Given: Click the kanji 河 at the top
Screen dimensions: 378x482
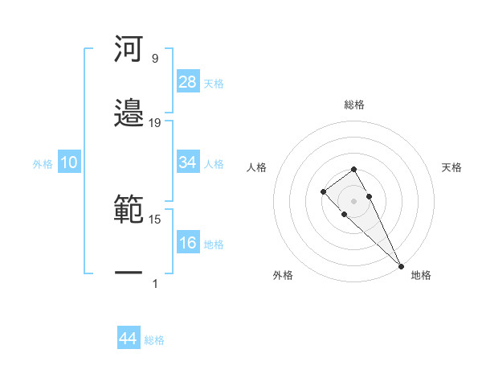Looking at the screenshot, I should pos(129,49).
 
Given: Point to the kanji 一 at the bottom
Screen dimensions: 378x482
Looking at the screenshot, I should pos(129,273).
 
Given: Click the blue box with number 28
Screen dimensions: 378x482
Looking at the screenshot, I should pos(188,82).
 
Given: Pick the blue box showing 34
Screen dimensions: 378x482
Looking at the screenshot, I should pos(188,162).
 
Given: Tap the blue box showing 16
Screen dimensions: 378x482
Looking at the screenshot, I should pos(188,243).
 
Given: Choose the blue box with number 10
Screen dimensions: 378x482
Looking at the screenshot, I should pos(69,162).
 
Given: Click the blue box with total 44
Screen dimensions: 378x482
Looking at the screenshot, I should pos(129,339).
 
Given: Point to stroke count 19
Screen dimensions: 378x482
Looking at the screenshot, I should pos(155,123).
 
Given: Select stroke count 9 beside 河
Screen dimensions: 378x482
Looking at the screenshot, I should pos(154,59).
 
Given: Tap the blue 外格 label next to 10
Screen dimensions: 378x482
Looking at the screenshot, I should pos(43,163).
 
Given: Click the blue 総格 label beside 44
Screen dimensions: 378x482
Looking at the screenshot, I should pos(154,340).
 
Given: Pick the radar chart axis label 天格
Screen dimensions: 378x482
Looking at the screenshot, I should pos(452,167).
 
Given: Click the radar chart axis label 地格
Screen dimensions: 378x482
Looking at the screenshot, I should pos(421,275).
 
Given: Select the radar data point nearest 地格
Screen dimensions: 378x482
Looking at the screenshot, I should pos(401,265).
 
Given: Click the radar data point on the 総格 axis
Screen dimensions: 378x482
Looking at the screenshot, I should pos(353,169).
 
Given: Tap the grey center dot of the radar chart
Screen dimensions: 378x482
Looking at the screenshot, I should pos(353,200).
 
